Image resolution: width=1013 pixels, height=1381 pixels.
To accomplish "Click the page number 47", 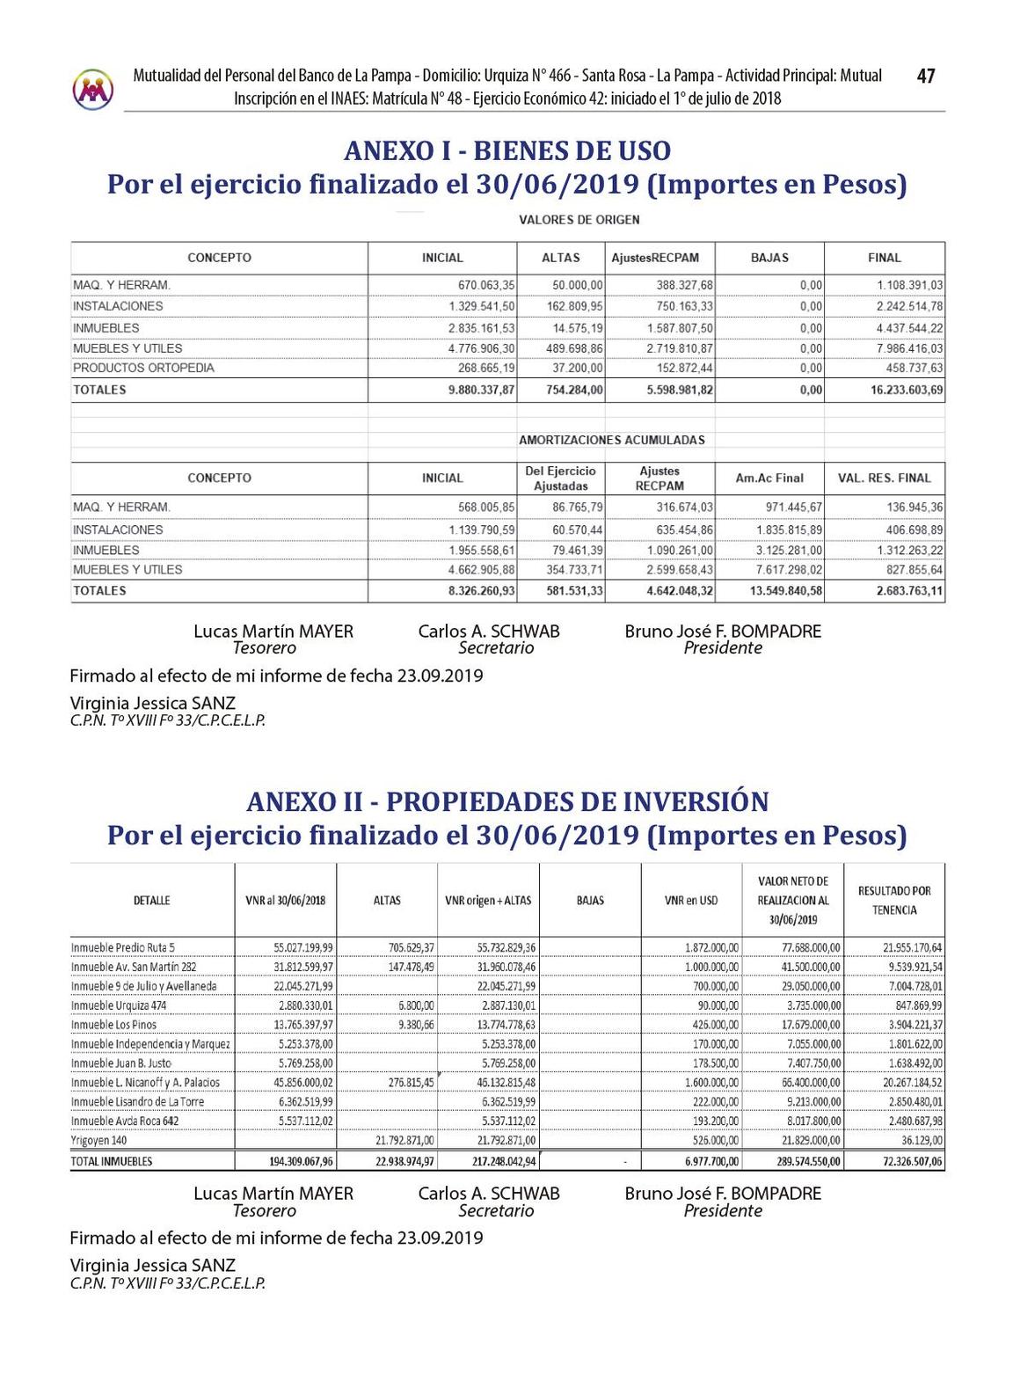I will tap(925, 77).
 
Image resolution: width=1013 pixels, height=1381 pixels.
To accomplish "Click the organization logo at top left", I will tap(93, 89).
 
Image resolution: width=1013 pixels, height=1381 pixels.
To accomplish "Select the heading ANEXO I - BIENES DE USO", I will tap(506, 150).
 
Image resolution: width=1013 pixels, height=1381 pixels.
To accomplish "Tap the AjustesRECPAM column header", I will tap(655, 258).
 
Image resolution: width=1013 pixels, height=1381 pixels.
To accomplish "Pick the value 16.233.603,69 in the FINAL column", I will tap(907, 390).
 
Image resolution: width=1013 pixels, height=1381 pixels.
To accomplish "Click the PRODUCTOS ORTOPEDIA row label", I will tap(143, 368).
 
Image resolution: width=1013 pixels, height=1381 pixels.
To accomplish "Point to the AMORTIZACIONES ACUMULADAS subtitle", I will tap(611, 440).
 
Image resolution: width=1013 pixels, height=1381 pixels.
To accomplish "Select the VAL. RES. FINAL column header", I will tap(884, 478).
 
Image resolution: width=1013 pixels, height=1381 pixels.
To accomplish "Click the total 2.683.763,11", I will tap(909, 591).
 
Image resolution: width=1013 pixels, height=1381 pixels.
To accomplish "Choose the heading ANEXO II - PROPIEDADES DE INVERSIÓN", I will tap(507, 801).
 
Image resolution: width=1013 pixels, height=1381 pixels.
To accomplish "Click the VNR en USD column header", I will tap(691, 901).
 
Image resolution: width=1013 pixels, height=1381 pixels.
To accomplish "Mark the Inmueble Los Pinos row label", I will tap(113, 1025).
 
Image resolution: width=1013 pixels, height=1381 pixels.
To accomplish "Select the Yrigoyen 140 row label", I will tap(100, 1140).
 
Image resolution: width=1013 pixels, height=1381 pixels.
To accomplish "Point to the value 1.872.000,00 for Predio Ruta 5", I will tap(711, 947).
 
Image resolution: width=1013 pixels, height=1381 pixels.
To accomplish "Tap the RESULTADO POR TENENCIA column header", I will tap(893, 900).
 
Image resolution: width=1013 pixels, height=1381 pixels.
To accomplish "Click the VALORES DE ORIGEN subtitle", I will tap(579, 220).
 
